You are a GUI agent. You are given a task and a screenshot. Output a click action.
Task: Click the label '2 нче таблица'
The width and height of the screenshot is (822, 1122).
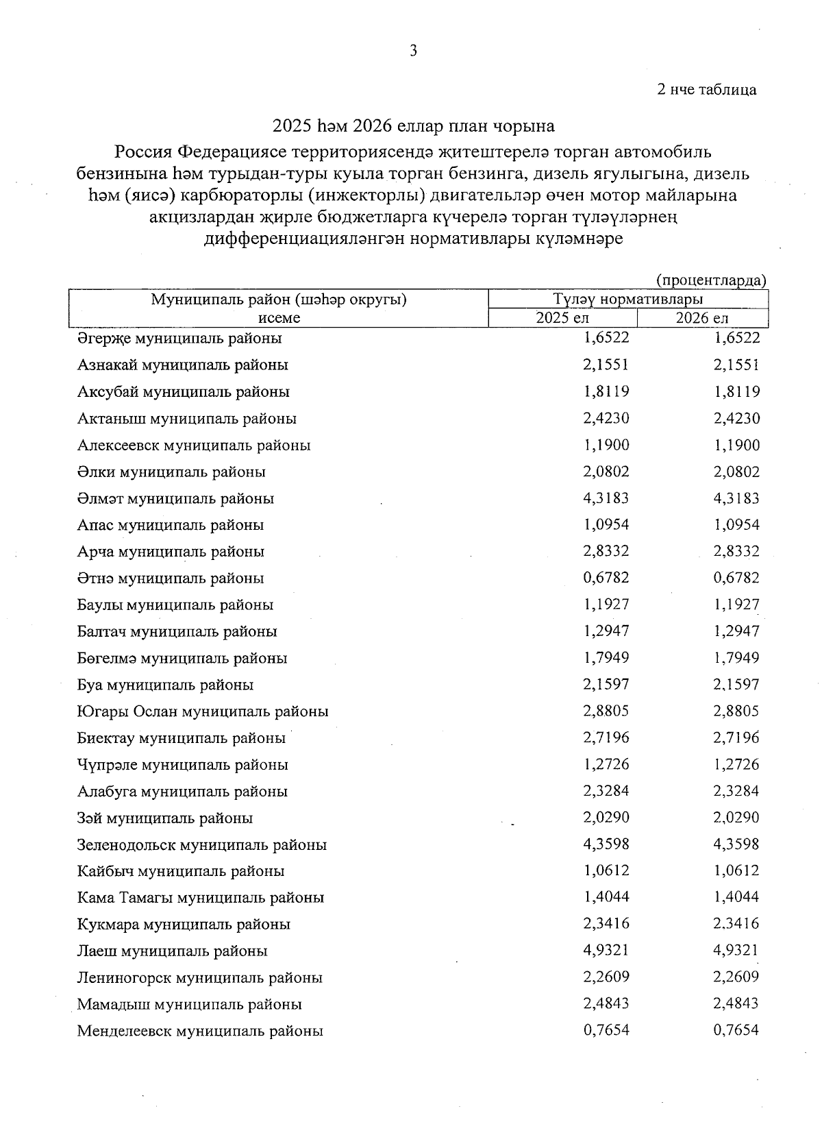(707, 90)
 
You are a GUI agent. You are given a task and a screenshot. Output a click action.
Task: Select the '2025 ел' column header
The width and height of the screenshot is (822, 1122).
(562, 318)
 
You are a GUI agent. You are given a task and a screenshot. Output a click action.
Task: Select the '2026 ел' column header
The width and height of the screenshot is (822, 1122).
(702, 318)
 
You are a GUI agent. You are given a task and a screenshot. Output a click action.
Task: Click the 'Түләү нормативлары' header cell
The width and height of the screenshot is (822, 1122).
(628, 300)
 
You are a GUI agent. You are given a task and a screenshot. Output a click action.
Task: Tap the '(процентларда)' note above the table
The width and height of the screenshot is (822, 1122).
(711, 280)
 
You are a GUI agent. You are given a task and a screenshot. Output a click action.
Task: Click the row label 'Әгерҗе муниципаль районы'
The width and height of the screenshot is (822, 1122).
(179, 338)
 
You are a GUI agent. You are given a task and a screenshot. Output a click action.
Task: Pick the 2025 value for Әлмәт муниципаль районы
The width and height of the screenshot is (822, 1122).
(606, 498)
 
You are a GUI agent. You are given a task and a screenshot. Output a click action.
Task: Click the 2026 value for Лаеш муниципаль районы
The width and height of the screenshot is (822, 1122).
(736, 950)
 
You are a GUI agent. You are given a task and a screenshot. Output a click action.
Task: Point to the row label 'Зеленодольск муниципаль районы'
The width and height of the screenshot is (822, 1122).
(201, 844)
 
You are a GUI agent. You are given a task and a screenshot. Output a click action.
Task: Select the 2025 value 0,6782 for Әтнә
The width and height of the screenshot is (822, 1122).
(606, 578)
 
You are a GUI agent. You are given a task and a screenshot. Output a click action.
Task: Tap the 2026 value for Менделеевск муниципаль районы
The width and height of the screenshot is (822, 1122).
(736, 1029)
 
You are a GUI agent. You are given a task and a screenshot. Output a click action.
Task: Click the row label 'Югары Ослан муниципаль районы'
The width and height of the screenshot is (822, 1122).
(203, 711)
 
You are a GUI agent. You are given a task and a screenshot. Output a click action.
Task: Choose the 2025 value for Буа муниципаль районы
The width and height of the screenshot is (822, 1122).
(606, 684)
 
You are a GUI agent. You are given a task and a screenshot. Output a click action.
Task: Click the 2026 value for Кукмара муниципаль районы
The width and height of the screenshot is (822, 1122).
(736, 923)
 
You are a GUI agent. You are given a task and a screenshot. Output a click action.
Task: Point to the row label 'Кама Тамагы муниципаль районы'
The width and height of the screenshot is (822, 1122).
(200, 897)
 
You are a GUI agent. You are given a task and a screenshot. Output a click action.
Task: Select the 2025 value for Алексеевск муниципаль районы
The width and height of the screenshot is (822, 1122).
(606, 445)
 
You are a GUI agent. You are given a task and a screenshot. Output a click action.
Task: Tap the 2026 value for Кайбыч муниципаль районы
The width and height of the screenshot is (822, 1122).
(736, 870)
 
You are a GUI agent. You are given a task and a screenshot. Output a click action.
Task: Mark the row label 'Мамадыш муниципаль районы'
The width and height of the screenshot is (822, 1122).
(189, 1004)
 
